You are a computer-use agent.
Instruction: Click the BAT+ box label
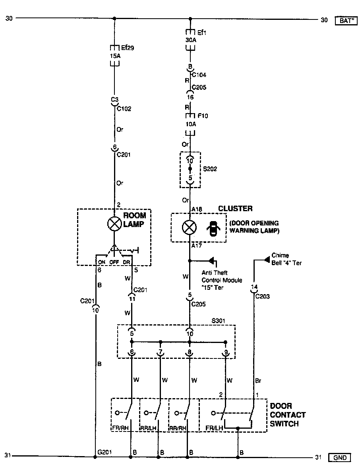345,20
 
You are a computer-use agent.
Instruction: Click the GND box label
340,458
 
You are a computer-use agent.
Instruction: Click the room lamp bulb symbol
114,224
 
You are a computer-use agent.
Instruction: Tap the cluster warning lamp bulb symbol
190,227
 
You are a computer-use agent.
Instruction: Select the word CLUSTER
235,209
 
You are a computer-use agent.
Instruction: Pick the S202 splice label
210,169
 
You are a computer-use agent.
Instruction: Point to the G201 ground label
105,452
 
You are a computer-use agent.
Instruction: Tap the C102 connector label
124,108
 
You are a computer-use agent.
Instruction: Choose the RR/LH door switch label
148,428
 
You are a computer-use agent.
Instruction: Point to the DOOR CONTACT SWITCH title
288,415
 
